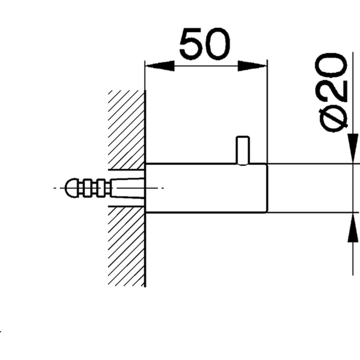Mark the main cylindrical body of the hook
click(x=206, y=188)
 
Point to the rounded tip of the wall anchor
click(x=71, y=188)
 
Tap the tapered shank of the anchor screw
click(x=126, y=188)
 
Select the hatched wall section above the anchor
click(x=126, y=129)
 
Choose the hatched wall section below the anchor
click(x=126, y=247)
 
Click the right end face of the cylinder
click(x=267, y=188)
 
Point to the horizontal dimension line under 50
click(x=206, y=66)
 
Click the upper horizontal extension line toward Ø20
click(x=309, y=164)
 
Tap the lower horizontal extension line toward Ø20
click(x=309, y=212)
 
